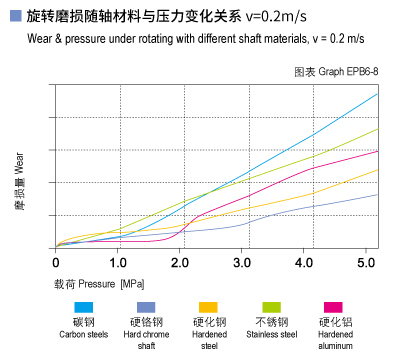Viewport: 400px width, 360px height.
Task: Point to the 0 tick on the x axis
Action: pyautogui.click(x=56, y=262)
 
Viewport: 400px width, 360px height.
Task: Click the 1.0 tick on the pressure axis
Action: pyautogui.click(x=118, y=262)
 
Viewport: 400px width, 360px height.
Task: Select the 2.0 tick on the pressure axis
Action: pyautogui.click(x=180, y=262)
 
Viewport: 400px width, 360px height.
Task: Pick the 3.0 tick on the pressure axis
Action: pyautogui.click(x=242, y=262)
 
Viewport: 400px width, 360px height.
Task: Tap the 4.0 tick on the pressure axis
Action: pyautogui.click(x=304, y=262)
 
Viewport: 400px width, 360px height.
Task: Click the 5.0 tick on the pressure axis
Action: pyautogui.click(x=366, y=262)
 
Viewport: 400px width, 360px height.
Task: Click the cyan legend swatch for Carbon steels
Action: pyautogui.click(x=85, y=307)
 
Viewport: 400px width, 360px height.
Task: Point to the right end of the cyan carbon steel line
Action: pyautogui.click(x=377, y=94)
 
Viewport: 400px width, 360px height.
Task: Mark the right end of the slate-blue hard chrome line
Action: pyautogui.click(x=377, y=194)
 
